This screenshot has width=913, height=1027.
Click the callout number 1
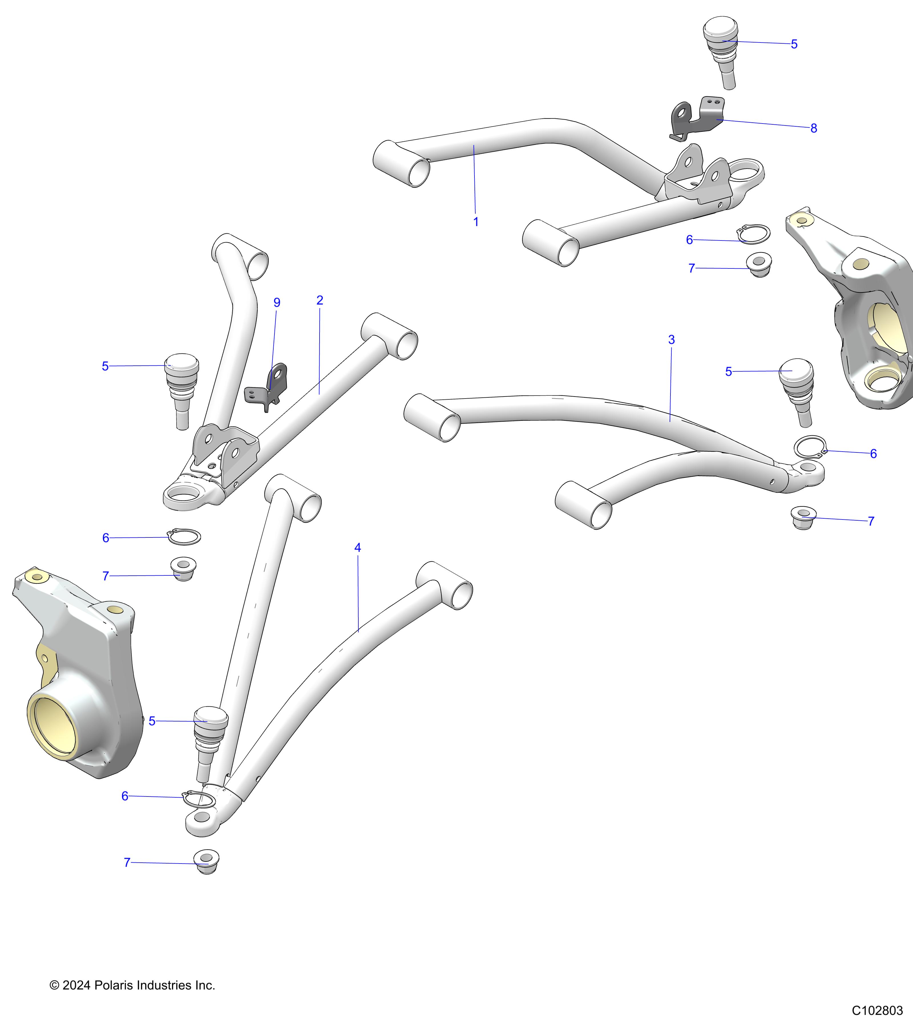(476, 222)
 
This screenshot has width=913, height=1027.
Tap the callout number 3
(671, 340)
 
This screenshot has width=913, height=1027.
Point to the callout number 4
(358, 548)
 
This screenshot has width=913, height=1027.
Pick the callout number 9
(277, 302)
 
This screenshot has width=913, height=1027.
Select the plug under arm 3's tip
(803, 518)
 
